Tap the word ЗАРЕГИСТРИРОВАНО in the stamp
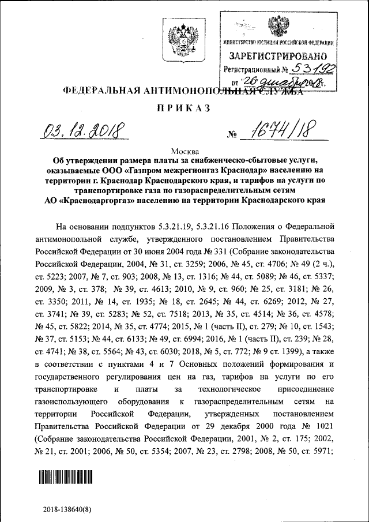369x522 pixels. coord(278,57)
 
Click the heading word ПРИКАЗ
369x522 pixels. coord(184,108)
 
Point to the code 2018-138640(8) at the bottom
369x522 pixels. coord(67,510)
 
